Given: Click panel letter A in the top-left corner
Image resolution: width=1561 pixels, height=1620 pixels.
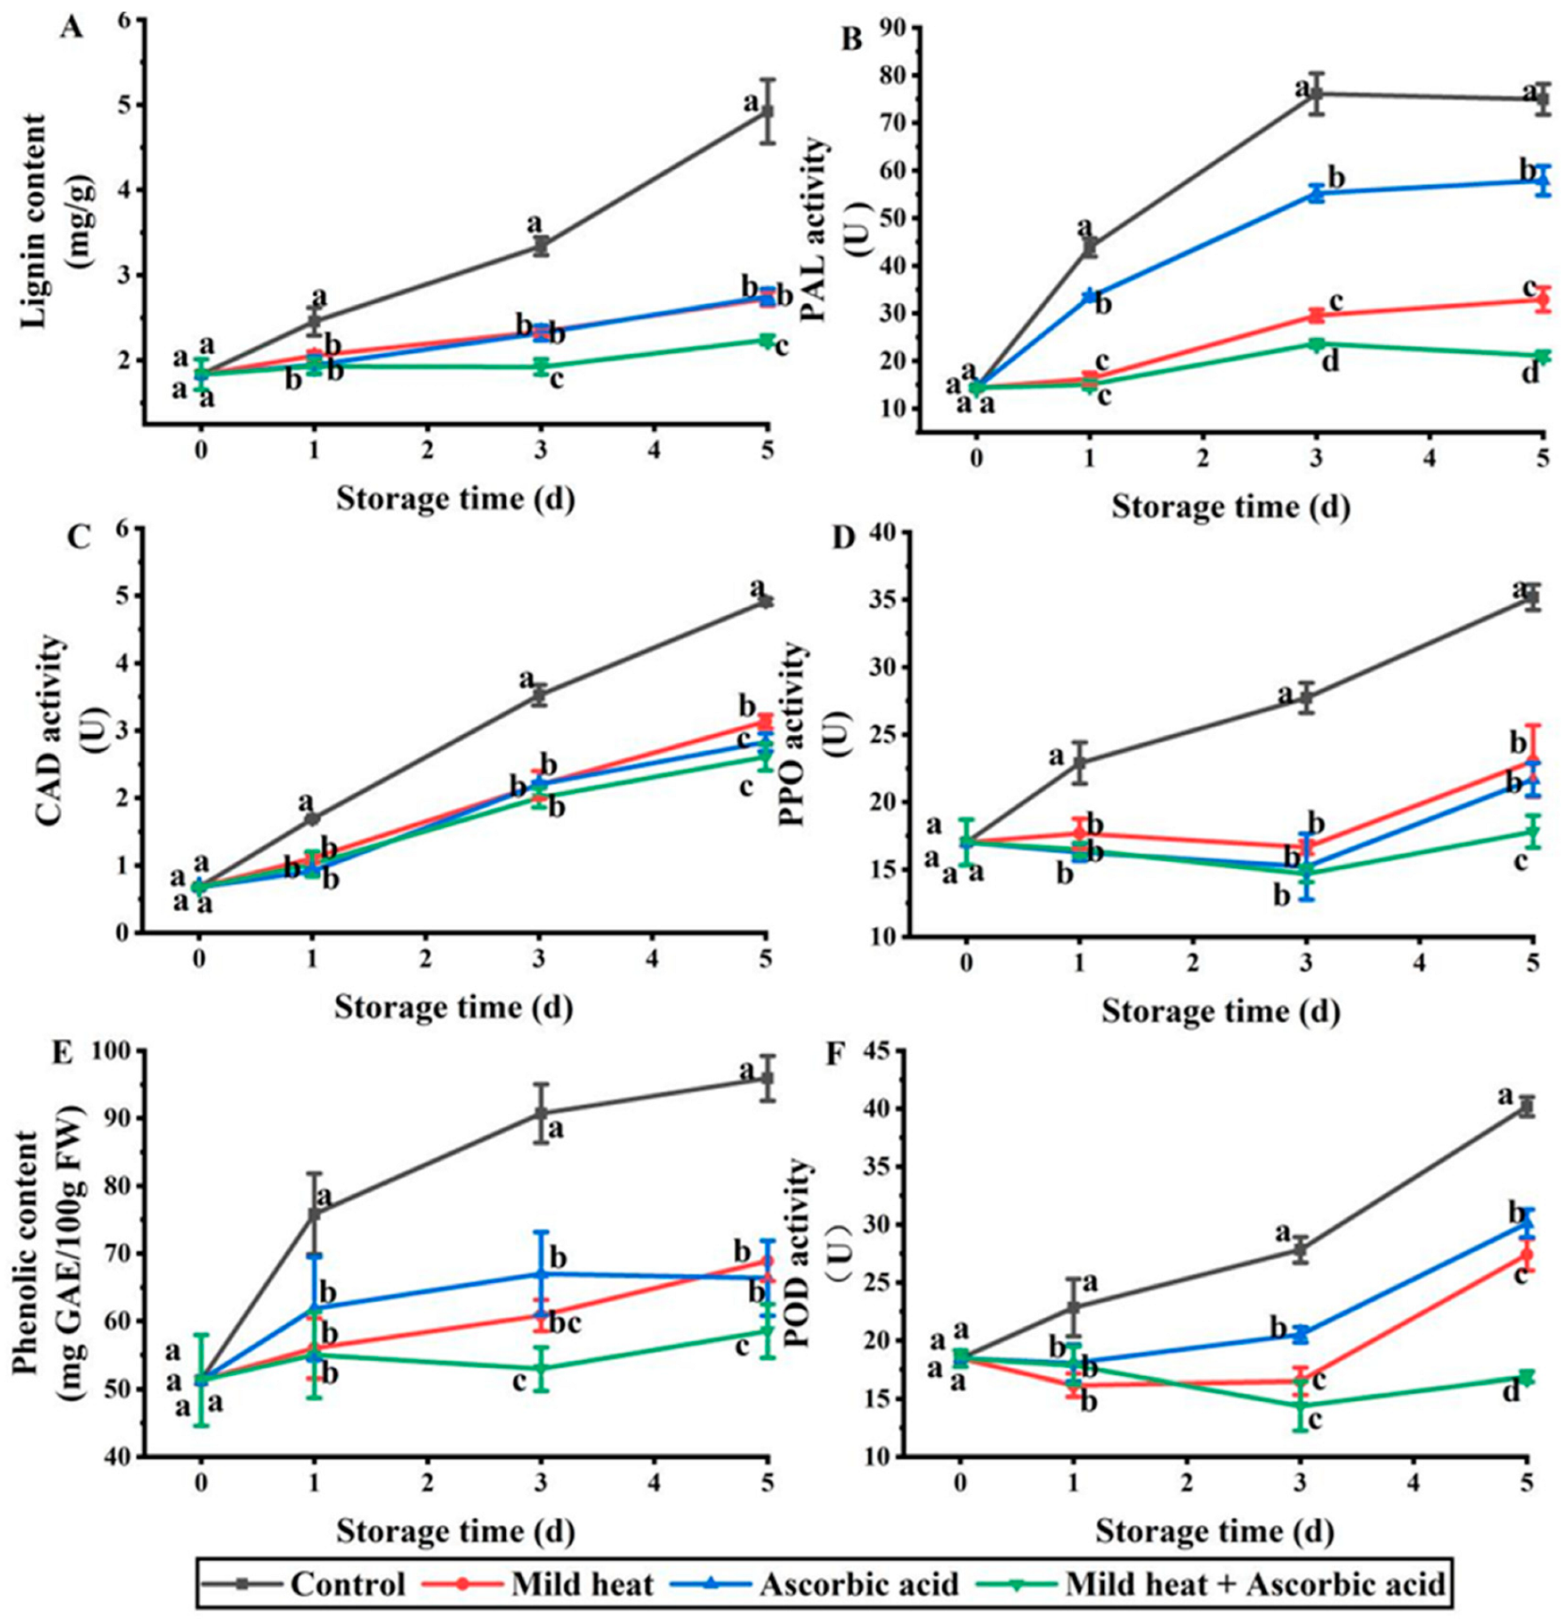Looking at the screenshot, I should [70, 28].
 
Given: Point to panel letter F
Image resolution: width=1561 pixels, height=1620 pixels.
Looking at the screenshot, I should [833, 1054].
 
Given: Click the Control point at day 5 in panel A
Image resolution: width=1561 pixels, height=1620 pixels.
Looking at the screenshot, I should [767, 112].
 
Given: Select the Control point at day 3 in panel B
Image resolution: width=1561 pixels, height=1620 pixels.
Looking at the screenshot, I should [1316, 94].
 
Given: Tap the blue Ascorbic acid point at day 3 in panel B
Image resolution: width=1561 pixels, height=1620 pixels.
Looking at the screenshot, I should [1316, 193].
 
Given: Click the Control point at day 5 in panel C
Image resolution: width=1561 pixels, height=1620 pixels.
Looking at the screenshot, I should [766, 601].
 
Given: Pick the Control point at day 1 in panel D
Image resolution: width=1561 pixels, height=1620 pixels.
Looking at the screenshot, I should [1079, 762].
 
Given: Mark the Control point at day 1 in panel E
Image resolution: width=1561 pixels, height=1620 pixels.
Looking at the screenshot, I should [314, 1213].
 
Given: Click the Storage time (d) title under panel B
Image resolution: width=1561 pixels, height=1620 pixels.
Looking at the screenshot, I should [1231, 507].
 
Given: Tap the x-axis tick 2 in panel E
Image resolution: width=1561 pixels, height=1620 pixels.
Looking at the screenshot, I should [428, 1482].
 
